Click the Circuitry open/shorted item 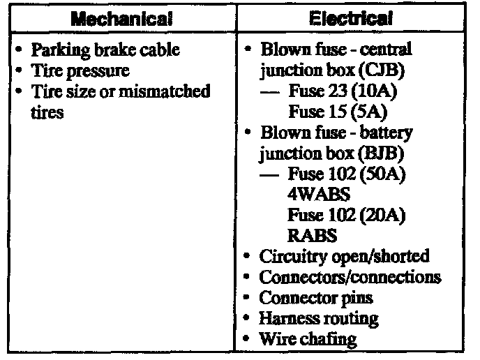(x=344, y=256)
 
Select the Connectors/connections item (x=350, y=277)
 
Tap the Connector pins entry (x=316, y=298)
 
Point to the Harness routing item (x=319, y=319)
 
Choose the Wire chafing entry (x=308, y=340)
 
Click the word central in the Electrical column (x=389, y=50)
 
